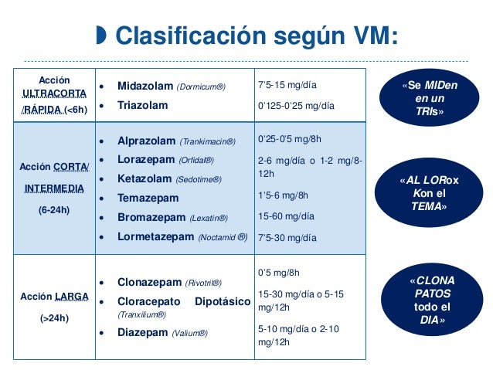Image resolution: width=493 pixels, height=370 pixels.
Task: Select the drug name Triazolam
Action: tap(142, 105)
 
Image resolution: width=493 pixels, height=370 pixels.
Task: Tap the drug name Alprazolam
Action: tap(146, 141)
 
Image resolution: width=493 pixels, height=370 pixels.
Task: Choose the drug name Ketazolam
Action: tap(144, 179)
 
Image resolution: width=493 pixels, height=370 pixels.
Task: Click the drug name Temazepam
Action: tap(147, 198)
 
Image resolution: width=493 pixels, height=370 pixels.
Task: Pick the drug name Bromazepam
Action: tap(148, 217)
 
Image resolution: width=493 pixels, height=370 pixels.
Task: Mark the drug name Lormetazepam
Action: tap(155, 237)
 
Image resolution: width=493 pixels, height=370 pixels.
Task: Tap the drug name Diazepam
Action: tap(143, 333)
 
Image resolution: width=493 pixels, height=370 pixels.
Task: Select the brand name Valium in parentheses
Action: tap(190, 334)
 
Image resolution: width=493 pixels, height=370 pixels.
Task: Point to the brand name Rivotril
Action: tap(203, 283)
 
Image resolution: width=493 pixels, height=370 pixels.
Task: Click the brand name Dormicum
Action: tap(203, 87)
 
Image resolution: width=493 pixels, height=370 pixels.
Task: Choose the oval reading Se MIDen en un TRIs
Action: tap(429, 99)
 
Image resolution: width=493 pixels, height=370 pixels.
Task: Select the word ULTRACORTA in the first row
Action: tap(53, 93)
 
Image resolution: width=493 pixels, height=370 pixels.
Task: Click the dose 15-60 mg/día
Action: tap(287, 218)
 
